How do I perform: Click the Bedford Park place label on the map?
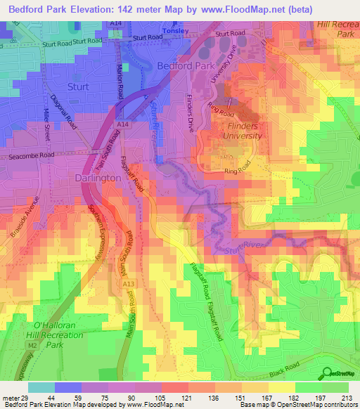click(184, 65)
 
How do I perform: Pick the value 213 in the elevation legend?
click(346, 397)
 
